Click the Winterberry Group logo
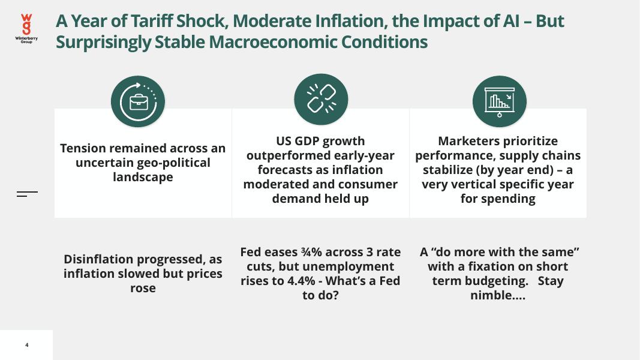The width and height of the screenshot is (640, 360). coord(26,28)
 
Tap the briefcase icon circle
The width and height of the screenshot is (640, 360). coord(138,101)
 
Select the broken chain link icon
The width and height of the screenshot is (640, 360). coord(321,99)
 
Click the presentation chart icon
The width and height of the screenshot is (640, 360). coord(499,101)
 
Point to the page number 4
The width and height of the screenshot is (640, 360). coord(27,346)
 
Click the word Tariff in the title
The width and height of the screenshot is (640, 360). coord(152,21)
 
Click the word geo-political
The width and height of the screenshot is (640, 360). coord(173,163)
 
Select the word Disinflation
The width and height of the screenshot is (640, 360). coord(98,259)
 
